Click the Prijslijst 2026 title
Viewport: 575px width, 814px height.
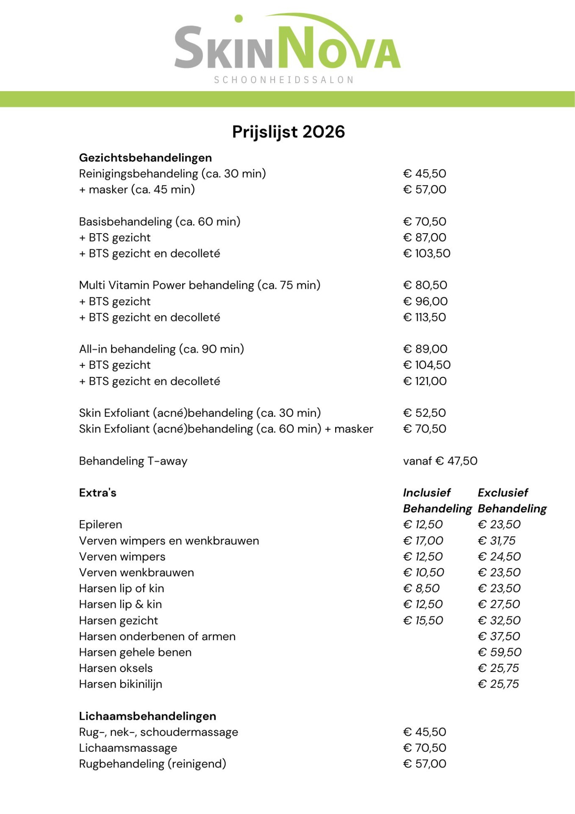pyautogui.click(x=288, y=132)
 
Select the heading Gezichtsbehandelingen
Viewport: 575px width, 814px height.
pyautogui.click(x=145, y=158)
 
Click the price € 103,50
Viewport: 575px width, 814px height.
pyautogui.click(x=426, y=254)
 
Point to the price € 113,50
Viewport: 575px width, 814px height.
pyautogui.click(x=424, y=317)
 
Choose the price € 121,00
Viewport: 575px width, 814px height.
pyautogui.click(x=425, y=381)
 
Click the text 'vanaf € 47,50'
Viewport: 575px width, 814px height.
pyautogui.click(x=440, y=461)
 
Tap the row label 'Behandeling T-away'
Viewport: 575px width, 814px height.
pyautogui.click(x=133, y=461)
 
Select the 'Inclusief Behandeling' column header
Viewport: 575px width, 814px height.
pyautogui.click(x=437, y=501)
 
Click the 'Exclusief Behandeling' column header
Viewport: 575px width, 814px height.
pyautogui.click(x=512, y=501)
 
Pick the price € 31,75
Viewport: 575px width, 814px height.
pyautogui.click(x=496, y=541)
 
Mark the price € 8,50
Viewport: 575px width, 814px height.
pyautogui.click(x=421, y=588)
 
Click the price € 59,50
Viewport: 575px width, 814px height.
pyautogui.click(x=499, y=652)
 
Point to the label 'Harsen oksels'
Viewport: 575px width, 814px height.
pyautogui.click(x=116, y=668)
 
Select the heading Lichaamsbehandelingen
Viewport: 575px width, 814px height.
pyautogui.click(x=147, y=716)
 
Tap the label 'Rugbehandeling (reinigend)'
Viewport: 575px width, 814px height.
pyautogui.click(x=153, y=764)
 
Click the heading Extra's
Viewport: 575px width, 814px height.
pyautogui.click(x=97, y=493)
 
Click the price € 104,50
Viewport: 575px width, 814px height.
pyautogui.click(x=427, y=365)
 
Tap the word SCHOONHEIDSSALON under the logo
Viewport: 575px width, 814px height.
pyautogui.click(x=283, y=80)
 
